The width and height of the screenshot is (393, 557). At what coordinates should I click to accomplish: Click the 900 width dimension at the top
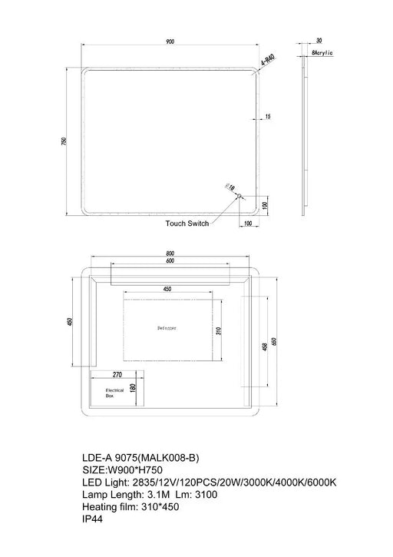(x=171, y=42)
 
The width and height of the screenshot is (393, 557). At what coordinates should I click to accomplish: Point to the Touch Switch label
(x=187, y=224)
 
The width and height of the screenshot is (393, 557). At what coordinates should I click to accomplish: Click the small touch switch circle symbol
(x=239, y=196)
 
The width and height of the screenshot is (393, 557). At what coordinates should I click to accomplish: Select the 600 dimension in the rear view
(x=170, y=260)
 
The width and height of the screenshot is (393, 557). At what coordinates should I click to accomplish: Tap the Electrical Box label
(x=114, y=394)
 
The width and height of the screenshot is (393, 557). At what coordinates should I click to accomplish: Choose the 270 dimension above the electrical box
(x=117, y=376)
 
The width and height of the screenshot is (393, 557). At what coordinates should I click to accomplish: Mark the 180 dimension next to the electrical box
(x=132, y=388)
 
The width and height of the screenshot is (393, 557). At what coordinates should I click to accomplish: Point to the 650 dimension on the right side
(x=275, y=342)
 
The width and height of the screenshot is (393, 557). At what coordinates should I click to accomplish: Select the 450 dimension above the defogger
(x=167, y=289)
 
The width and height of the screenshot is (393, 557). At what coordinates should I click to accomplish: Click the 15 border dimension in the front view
(x=267, y=117)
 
